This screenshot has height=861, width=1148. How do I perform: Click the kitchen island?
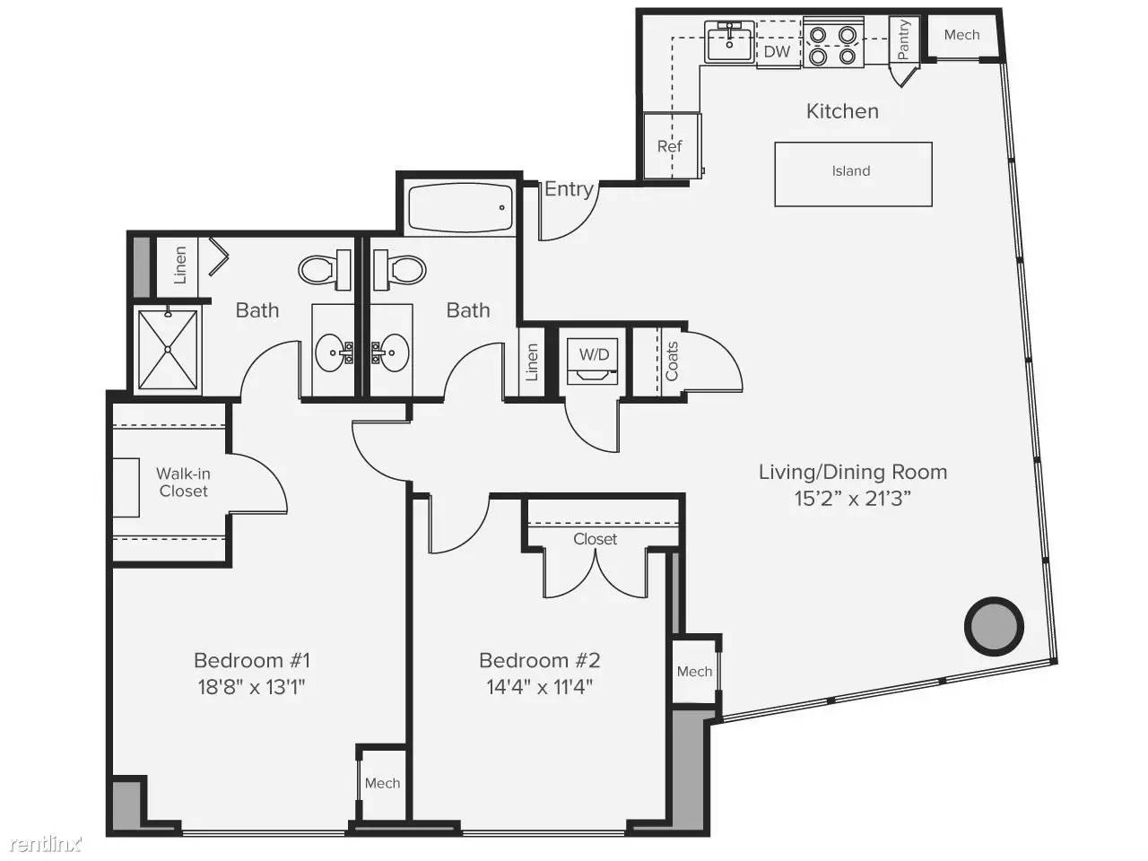pyautogui.click(x=853, y=174)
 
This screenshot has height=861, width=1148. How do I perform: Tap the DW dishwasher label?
pyautogui.click(x=777, y=51)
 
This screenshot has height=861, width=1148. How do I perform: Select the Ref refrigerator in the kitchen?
pyautogui.click(x=672, y=145)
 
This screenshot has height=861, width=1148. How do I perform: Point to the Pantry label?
pyautogui.click(x=903, y=39)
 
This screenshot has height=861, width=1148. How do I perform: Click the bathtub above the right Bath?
pyautogui.click(x=460, y=207)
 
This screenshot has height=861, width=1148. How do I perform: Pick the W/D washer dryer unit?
pyautogui.click(x=593, y=361)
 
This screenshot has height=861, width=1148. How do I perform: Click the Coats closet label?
pyautogui.click(x=672, y=361)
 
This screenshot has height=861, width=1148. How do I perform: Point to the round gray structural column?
pyautogui.click(x=994, y=625)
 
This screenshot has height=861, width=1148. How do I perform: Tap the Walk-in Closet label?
pyautogui.click(x=184, y=482)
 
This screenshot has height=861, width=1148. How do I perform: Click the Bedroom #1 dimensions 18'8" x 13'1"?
pyautogui.click(x=251, y=686)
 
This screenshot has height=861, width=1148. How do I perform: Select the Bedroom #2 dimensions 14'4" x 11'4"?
pyautogui.click(x=539, y=686)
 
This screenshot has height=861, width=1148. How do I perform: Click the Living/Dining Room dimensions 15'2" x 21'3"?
pyautogui.click(x=853, y=498)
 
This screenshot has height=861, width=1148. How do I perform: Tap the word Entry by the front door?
pyautogui.click(x=569, y=189)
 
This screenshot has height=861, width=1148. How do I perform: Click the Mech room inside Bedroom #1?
pyautogui.click(x=383, y=784)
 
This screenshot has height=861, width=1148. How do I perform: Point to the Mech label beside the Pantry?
pyautogui.click(x=961, y=35)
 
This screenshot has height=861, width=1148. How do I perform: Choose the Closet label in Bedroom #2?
pyautogui.click(x=596, y=539)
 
